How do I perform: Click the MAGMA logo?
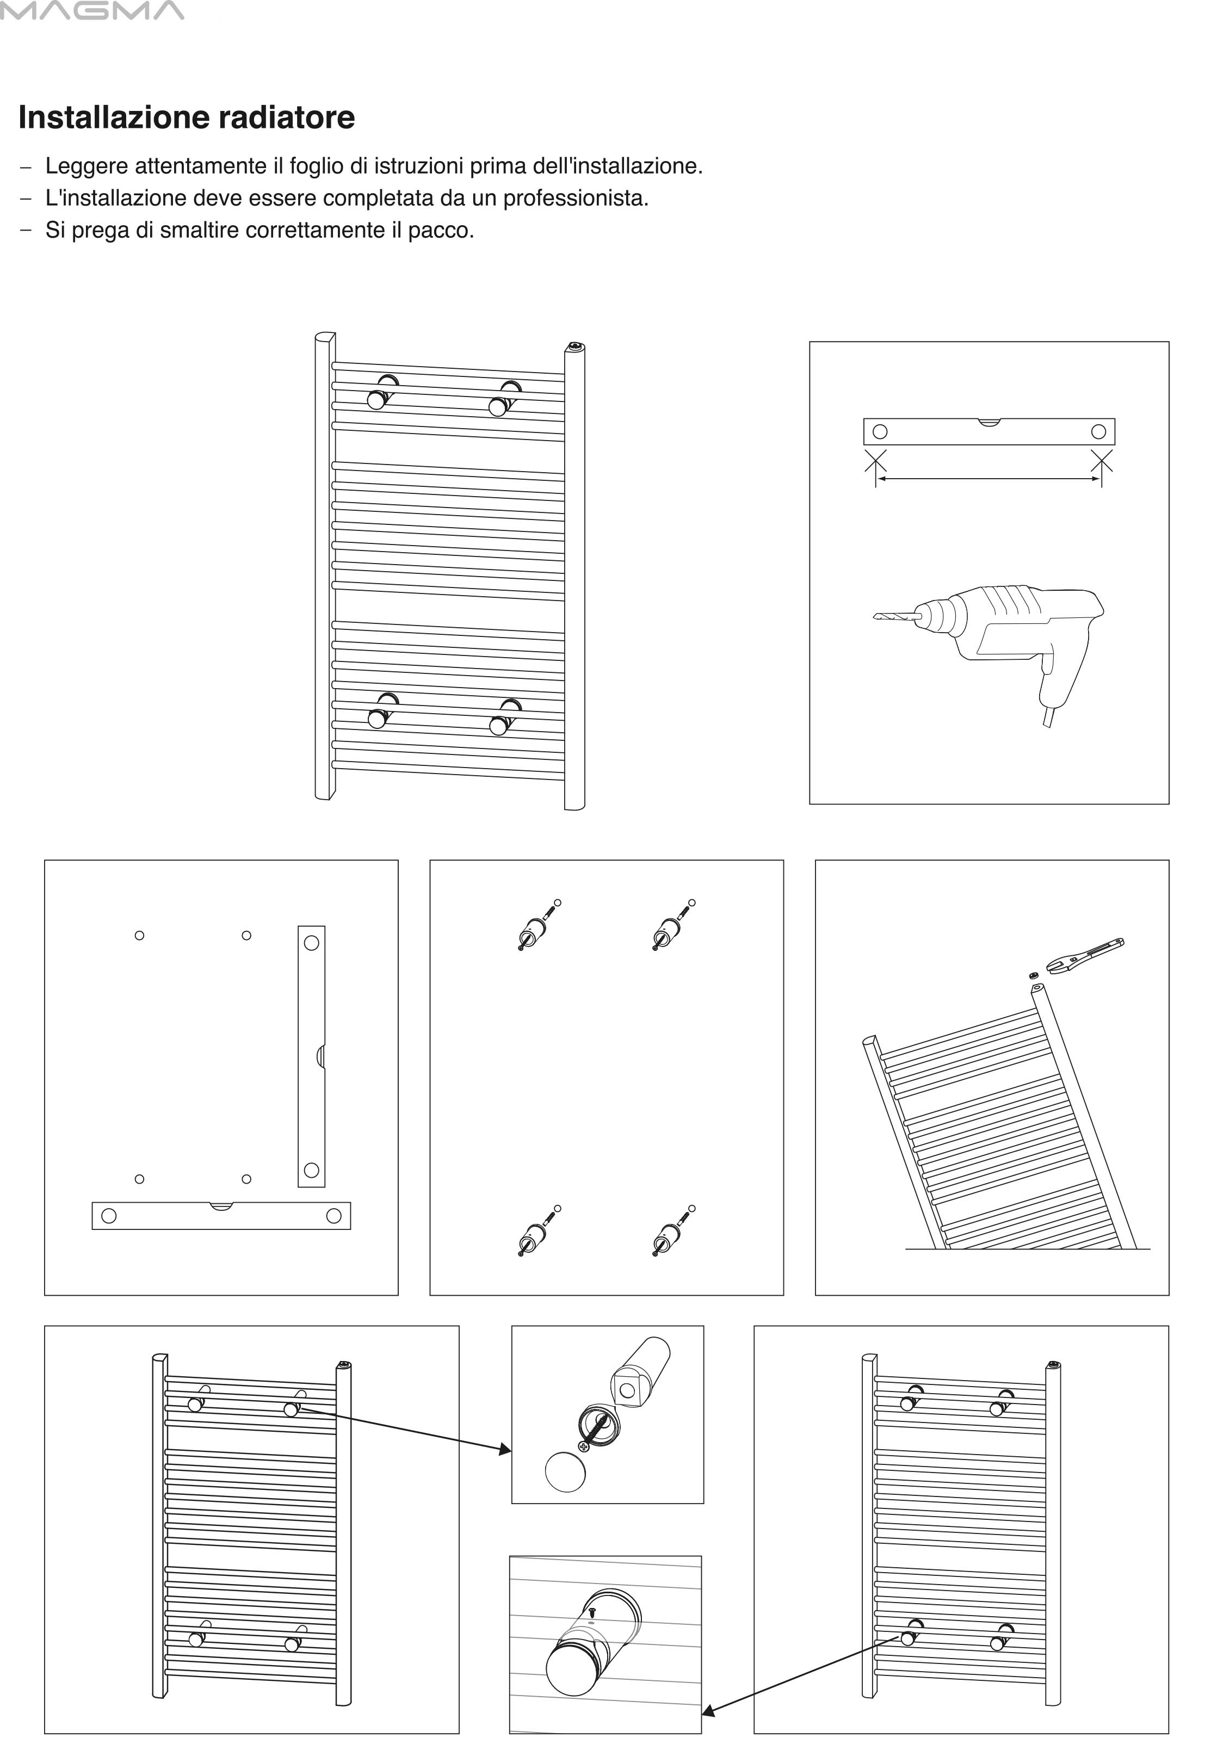[91, 10]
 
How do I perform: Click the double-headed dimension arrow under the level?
[988, 478]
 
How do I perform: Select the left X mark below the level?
[876, 460]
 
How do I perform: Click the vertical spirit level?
[311, 1056]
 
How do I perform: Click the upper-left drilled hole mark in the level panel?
[139, 936]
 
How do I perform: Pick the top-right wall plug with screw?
[671, 925]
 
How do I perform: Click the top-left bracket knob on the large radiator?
[376, 400]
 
